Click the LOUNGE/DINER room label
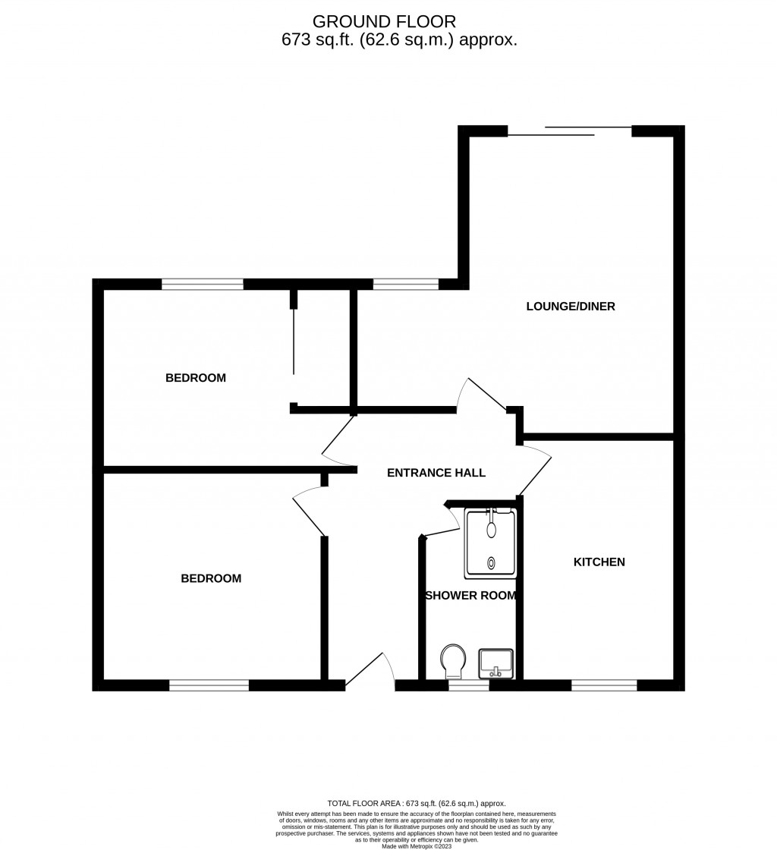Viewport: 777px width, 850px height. [x=571, y=307]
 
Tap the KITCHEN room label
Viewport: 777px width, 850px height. [x=599, y=562]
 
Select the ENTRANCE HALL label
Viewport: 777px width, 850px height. [x=436, y=473]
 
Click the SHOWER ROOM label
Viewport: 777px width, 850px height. [x=470, y=596]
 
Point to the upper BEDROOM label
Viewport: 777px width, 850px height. [x=196, y=378]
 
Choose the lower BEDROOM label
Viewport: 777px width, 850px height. [x=211, y=578]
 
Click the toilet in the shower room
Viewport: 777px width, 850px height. [x=454, y=661]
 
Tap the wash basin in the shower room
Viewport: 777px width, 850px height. [x=495, y=663]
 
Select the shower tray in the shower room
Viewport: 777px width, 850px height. [x=491, y=542]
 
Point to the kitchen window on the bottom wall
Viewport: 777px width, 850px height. [x=604, y=685]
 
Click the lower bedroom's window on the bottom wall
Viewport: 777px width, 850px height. [x=209, y=685]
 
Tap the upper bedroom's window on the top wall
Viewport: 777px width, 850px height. [x=203, y=285]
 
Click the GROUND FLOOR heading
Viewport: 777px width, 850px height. [x=385, y=21]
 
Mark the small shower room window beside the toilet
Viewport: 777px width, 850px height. [x=468, y=685]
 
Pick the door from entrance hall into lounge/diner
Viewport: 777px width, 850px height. [x=481, y=395]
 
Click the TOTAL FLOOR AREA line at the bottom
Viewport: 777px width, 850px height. [x=416, y=803]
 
